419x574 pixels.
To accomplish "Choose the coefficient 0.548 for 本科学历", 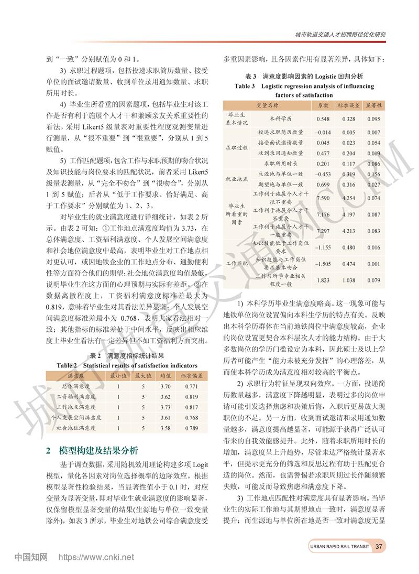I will (x=323, y=119).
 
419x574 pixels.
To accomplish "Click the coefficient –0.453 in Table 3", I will (x=323, y=174).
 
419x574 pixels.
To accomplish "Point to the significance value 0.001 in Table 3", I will (x=373, y=264).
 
